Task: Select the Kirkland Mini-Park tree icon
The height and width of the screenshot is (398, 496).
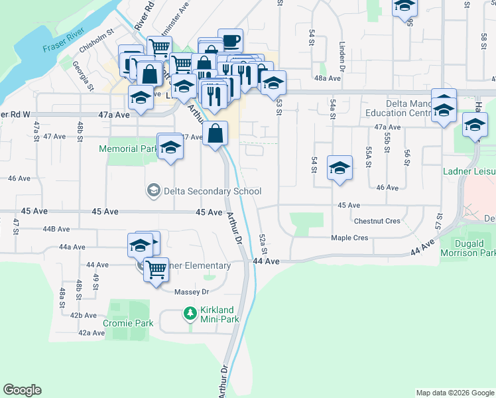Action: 190,312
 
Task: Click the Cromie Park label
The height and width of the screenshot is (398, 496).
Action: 128,324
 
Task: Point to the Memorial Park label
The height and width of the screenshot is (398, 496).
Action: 127,149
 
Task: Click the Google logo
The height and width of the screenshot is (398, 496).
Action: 22,390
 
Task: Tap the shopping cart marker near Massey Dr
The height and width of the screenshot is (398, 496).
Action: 156,269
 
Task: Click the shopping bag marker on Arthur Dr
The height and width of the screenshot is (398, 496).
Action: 216,133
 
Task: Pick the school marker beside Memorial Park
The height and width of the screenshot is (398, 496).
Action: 170,147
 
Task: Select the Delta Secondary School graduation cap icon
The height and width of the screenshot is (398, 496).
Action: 153,192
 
